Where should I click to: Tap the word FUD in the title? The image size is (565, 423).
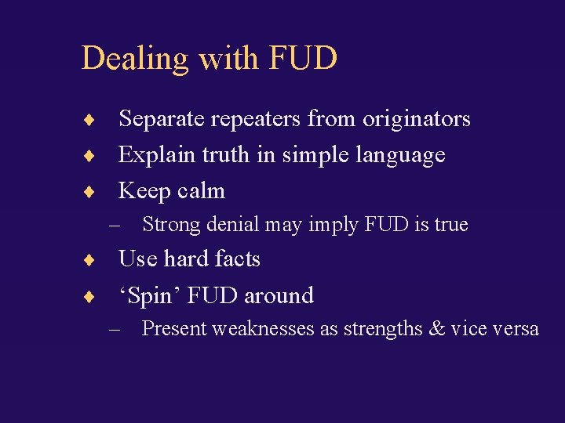coord(303,58)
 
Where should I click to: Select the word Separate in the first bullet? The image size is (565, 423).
coord(157,119)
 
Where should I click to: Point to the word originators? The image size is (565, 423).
coord(416,120)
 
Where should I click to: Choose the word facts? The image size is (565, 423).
coord(235,259)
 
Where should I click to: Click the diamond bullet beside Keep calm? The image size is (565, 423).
coord(91,192)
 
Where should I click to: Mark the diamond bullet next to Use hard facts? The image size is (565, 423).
coord(91,260)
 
